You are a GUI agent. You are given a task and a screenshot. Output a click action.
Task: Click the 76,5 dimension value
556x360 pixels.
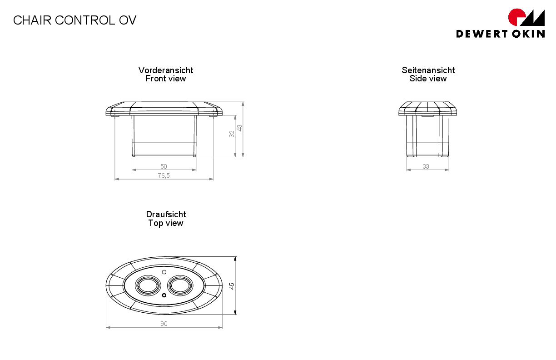(164, 175)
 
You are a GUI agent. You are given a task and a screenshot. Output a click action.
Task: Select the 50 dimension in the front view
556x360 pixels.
(164, 166)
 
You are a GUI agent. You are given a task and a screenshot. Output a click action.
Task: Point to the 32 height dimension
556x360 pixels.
(232, 134)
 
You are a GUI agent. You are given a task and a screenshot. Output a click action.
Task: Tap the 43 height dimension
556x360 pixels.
(239, 128)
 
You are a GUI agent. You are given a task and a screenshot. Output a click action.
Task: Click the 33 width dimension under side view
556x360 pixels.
(426, 166)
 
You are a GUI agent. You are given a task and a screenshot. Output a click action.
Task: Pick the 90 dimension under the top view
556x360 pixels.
(164, 324)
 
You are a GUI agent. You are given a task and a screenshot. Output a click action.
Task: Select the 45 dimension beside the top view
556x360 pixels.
(232, 286)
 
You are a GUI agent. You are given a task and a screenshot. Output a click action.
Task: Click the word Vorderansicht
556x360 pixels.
(165, 70)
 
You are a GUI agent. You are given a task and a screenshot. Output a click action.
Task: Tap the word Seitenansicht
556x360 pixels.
(428, 70)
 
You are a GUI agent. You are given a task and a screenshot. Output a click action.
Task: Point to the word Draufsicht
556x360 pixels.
(166, 214)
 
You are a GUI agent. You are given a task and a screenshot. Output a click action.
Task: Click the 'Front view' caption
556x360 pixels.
(165, 79)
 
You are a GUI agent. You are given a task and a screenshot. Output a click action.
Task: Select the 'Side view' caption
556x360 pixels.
(428, 79)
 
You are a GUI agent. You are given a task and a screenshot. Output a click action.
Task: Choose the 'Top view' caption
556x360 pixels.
(165, 223)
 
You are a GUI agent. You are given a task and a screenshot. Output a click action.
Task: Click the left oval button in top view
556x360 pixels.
(148, 285)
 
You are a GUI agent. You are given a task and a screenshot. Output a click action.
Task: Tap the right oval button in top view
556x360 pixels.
(180, 285)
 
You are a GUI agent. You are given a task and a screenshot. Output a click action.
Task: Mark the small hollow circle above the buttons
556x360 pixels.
(164, 272)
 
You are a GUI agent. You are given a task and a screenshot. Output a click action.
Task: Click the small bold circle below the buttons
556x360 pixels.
(164, 295)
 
